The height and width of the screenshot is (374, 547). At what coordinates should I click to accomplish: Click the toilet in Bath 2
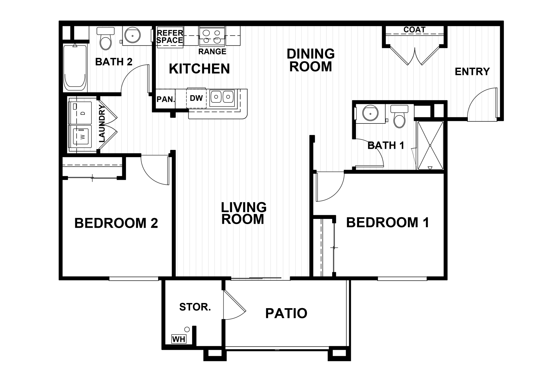(105, 40)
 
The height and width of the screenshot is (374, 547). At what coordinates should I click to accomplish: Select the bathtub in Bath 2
(75, 68)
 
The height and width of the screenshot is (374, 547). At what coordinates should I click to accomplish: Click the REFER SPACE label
(170, 37)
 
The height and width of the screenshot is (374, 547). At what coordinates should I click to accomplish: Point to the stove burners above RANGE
(212, 36)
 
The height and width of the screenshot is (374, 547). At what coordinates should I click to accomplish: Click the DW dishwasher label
(196, 98)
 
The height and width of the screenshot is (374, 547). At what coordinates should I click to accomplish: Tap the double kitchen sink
(222, 97)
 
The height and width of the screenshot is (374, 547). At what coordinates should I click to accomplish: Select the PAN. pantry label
(166, 99)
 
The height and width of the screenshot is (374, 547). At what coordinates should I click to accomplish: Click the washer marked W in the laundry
(81, 137)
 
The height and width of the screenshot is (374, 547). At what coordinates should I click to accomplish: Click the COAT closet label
(414, 30)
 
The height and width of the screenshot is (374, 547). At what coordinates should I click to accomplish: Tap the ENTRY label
(472, 72)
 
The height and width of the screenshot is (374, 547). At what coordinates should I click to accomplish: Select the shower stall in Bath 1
(430, 145)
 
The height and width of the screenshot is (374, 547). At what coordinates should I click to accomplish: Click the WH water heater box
(179, 339)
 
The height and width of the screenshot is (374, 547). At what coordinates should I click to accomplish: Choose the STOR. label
(195, 307)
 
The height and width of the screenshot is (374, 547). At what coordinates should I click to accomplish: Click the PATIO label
(286, 313)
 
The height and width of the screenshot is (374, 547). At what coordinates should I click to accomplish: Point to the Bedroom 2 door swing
(155, 171)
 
